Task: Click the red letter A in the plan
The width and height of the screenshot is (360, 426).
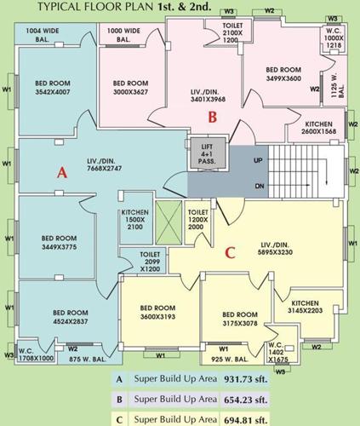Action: click(x=60, y=171)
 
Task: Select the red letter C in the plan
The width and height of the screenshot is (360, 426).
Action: click(x=228, y=252)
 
